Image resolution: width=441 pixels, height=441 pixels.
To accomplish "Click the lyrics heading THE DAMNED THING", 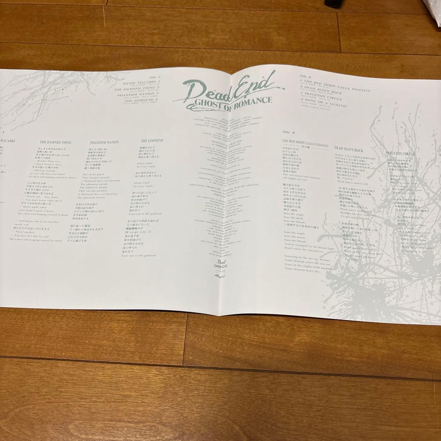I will [56, 143].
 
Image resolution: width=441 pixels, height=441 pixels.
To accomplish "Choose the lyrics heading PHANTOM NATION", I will [105, 142].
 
